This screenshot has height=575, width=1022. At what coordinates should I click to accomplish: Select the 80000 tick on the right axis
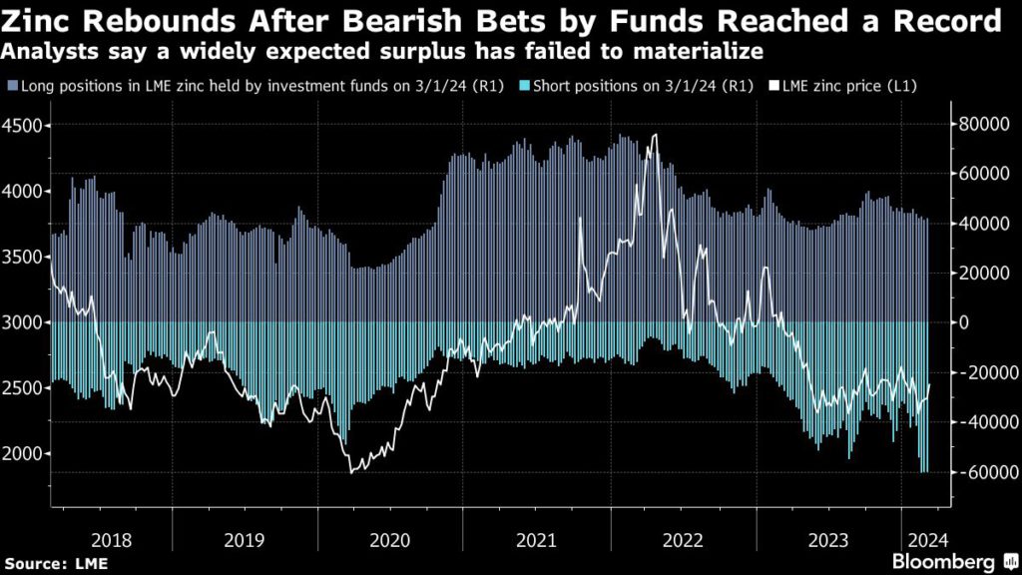point(980,124)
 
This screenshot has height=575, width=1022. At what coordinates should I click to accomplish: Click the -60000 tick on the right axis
point(979,472)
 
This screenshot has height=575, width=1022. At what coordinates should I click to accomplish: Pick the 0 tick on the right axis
point(964,322)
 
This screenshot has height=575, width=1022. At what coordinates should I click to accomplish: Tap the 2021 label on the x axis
point(536,540)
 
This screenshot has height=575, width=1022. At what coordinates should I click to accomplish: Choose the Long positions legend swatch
point(10,87)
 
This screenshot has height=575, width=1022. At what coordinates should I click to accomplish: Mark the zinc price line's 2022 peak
point(655,135)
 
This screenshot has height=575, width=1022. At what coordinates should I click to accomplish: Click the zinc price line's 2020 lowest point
point(351,472)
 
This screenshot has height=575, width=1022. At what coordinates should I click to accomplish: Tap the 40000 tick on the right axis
point(980,224)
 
